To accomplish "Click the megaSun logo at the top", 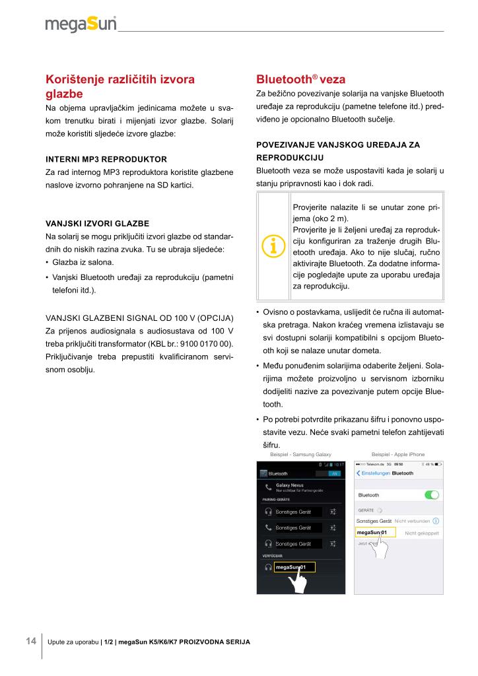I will (x=81, y=24).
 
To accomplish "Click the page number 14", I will (x=30, y=641).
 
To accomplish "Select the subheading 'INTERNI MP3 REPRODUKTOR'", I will (x=106, y=159).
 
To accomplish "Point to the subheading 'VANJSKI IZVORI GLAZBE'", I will (x=96, y=222).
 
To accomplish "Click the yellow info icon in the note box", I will (x=273, y=245).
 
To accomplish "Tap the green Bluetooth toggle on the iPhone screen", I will (x=431, y=494).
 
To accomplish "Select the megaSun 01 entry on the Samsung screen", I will (x=290, y=567).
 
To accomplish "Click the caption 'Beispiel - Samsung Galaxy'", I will (x=300, y=454).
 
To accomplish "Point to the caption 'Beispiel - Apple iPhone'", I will (x=398, y=454).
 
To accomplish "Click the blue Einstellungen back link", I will (x=372, y=473).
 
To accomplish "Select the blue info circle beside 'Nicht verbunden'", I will (x=436, y=522).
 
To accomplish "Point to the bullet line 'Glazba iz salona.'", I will (x=78, y=262).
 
